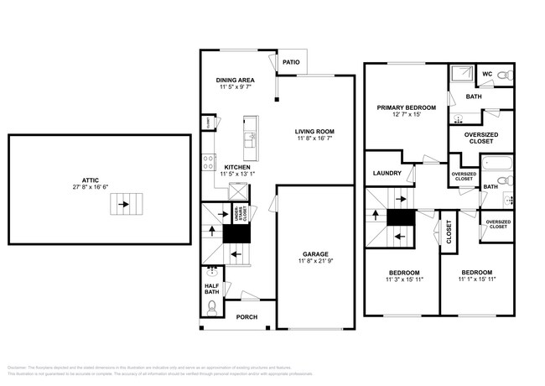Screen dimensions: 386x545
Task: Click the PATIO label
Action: [x=291, y=62]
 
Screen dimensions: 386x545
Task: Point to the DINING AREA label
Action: [x=236, y=80]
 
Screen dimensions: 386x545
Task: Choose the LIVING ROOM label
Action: [x=314, y=132]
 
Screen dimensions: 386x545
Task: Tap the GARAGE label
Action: [x=315, y=254]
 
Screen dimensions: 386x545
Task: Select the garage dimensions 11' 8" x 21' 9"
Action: [x=315, y=262]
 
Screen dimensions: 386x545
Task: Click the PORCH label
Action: [x=246, y=317]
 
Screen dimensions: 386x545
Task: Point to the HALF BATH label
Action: [x=212, y=288]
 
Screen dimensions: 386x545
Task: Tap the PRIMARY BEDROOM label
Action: [x=406, y=107]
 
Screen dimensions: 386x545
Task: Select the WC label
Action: [x=485, y=74]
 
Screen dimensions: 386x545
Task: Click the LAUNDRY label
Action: [x=388, y=174]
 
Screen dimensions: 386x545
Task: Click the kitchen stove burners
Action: [x=209, y=162]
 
